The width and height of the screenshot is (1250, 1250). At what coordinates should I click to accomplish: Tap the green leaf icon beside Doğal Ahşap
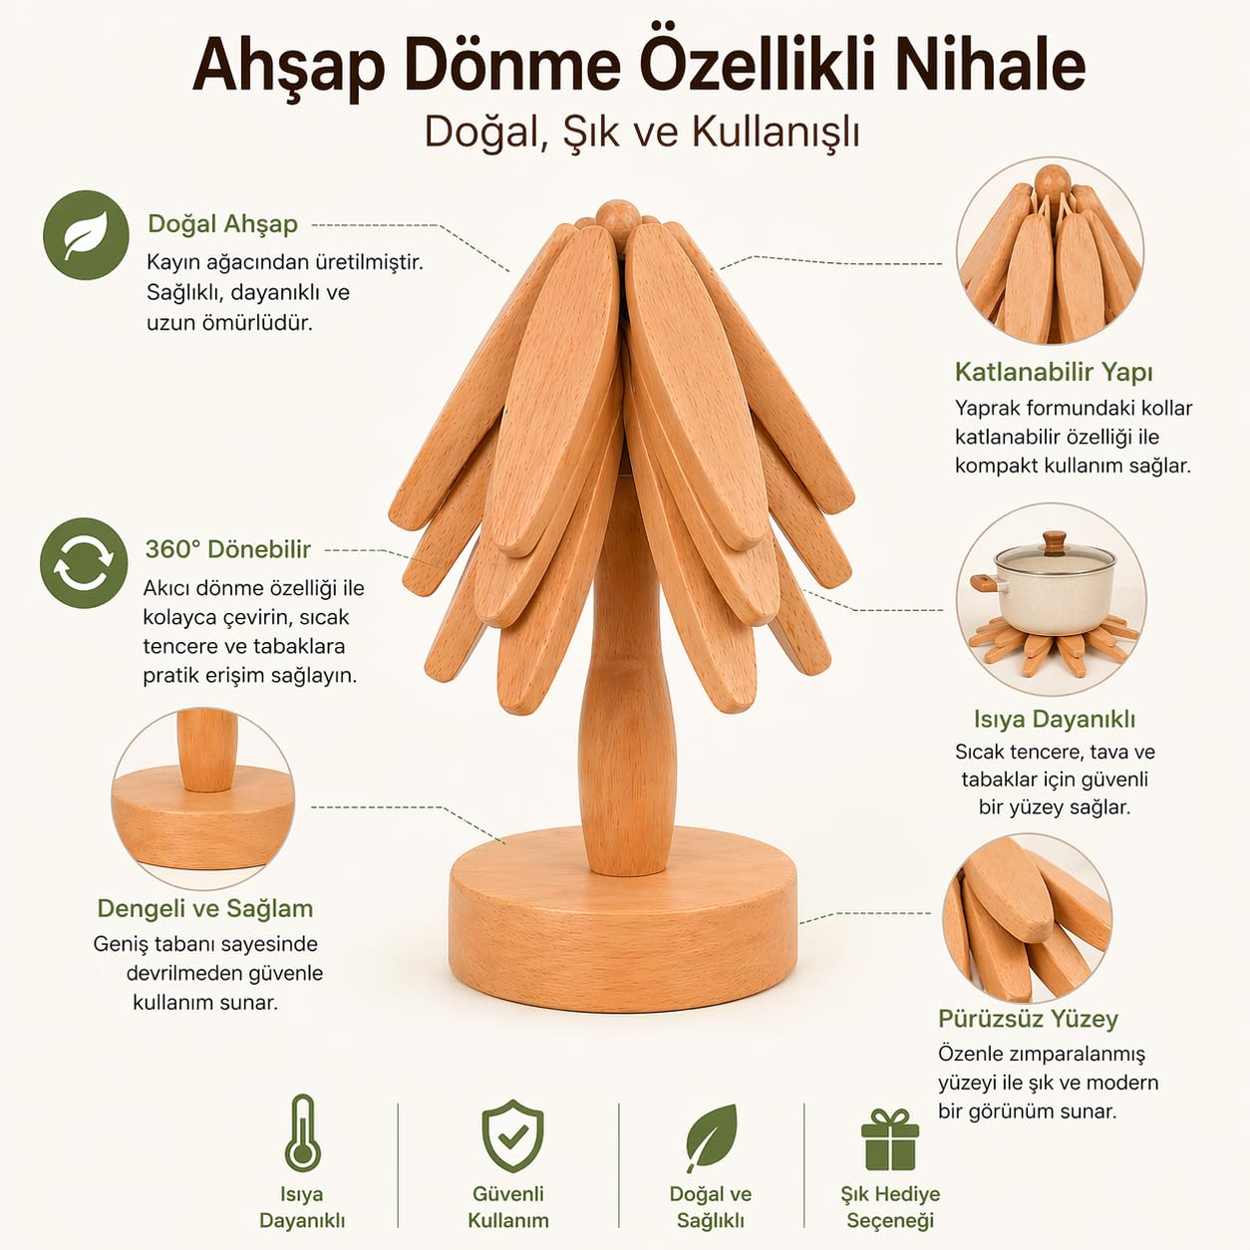pyautogui.click(x=87, y=235)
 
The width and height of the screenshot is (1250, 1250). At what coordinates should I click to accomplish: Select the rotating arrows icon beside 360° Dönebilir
pyautogui.click(x=84, y=562)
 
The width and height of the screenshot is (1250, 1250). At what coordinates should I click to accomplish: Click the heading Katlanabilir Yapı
pyautogui.click(x=1054, y=373)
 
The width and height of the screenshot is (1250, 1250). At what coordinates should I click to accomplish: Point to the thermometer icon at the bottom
pyautogui.click(x=302, y=1132)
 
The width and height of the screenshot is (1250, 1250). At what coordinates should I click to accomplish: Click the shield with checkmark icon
pyautogui.click(x=512, y=1135)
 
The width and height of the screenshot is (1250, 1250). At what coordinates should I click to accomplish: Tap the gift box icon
pyautogui.click(x=890, y=1138)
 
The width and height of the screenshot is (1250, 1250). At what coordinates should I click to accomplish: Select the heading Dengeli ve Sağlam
pyautogui.click(x=205, y=908)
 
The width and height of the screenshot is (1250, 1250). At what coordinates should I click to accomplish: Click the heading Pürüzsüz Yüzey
pyautogui.click(x=1028, y=1019)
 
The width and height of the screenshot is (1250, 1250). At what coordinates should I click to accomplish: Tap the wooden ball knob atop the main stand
pyautogui.click(x=618, y=217)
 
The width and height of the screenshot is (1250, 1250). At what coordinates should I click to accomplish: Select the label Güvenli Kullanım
pyautogui.click(x=508, y=1206)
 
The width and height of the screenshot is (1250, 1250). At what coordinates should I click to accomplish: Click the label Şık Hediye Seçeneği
pyautogui.click(x=890, y=1206)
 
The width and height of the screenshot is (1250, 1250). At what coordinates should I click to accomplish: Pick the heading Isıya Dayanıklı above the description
pyautogui.click(x=1054, y=719)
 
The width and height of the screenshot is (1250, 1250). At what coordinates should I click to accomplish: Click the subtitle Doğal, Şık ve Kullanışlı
pyautogui.click(x=642, y=132)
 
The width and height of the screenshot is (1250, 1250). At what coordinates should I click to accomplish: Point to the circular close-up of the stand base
pyautogui.click(x=203, y=798)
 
